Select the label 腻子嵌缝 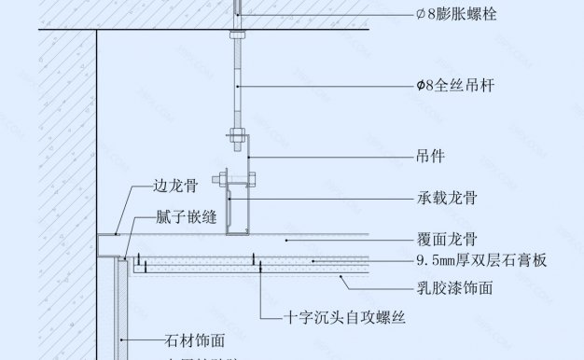tap(187, 216)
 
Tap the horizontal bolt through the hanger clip tap(233, 176)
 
